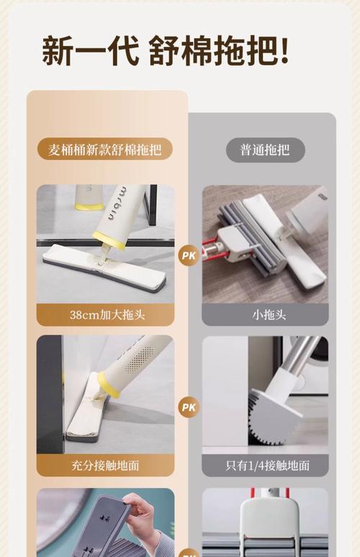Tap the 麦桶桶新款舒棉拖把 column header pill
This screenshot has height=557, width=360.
[105, 150]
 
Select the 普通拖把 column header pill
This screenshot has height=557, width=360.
[264, 150]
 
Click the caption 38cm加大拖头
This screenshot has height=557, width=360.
[105, 314]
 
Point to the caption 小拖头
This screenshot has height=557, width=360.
[264, 314]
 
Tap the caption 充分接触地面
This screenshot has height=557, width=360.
[105, 465]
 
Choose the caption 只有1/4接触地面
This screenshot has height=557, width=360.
[264, 465]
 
